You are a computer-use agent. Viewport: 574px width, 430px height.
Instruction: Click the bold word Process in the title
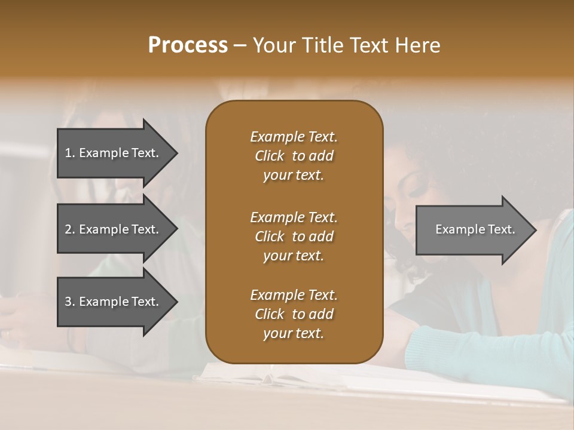coord(188,45)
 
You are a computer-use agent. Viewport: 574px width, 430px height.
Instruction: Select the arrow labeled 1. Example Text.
coord(114,153)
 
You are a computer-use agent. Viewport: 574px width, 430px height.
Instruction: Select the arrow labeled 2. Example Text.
coord(114,229)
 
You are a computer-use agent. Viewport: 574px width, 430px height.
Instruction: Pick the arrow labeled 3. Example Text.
coord(114,302)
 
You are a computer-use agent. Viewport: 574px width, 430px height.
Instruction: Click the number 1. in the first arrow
coord(70,153)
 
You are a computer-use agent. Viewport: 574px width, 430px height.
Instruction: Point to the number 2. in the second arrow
coord(70,229)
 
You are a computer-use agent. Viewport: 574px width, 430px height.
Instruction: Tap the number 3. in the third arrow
coord(70,302)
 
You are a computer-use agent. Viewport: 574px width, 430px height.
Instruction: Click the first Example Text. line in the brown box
coord(294,137)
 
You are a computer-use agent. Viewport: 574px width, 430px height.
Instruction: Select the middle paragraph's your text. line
coord(294,256)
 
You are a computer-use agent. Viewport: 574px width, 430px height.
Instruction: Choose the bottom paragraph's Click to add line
coord(294,314)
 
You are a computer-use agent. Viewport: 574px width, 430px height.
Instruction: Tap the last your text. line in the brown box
coord(294,334)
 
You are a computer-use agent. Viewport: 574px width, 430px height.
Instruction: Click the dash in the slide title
coord(240,45)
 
